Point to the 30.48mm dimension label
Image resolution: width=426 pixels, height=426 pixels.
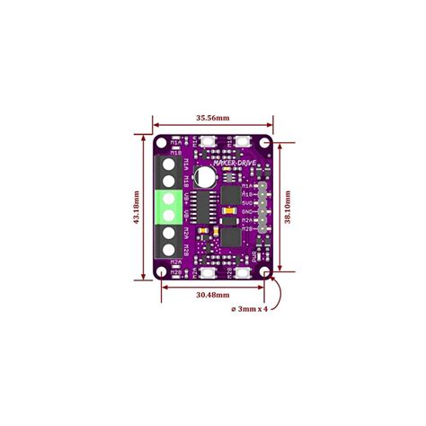[x=213, y=292]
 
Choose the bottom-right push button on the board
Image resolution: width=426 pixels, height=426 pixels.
[x=244, y=272]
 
